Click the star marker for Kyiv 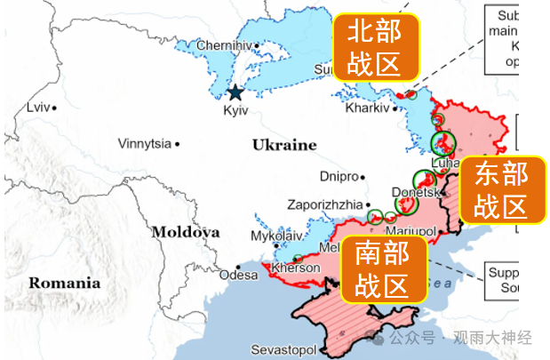click(x=235, y=92)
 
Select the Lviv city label click(x=38, y=108)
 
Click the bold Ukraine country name click(x=283, y=145)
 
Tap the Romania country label click(x=65, y=284)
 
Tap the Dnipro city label click(x=338, y=176)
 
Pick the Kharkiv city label click(x=366, y=108)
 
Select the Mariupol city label click(x=410, y=231)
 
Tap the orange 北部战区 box click(x=374, y=48)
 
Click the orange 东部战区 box click(x=500, y=190)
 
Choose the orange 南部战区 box click(x=381, y=268)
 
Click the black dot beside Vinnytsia click(x=177, y=143)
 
